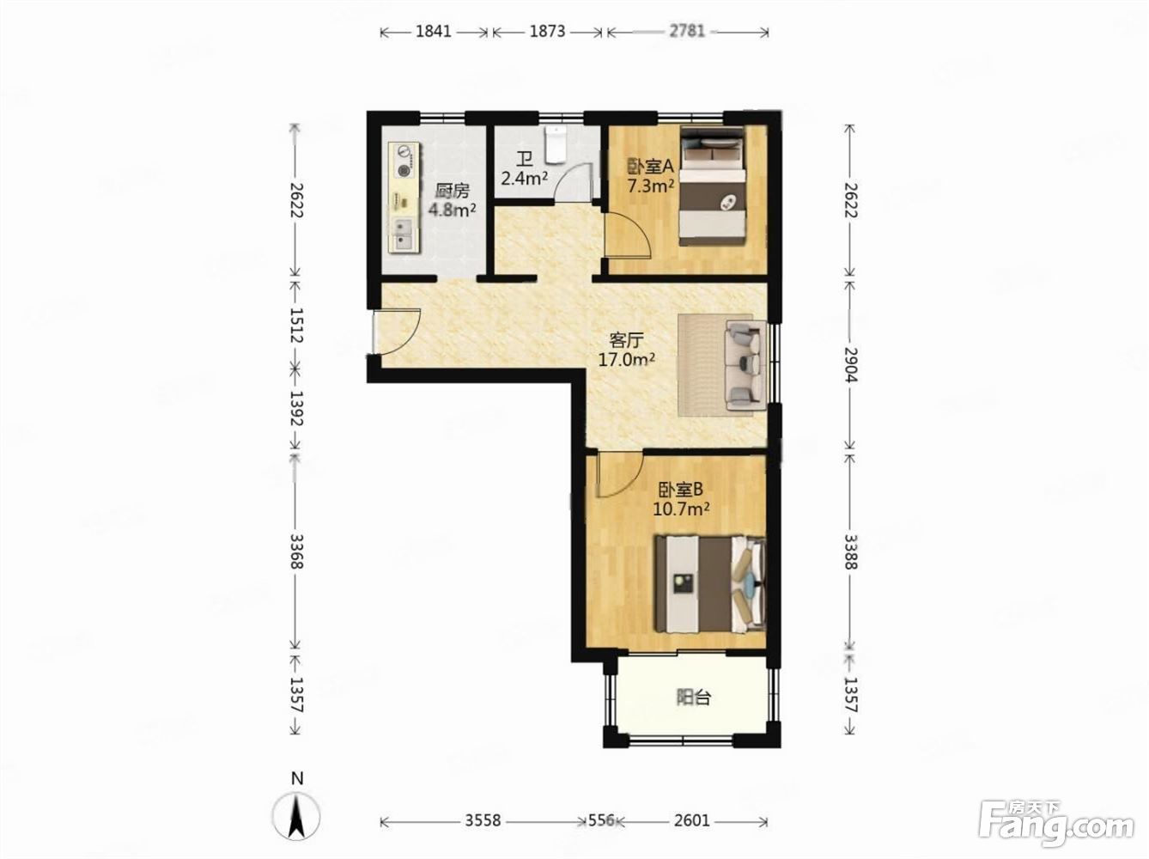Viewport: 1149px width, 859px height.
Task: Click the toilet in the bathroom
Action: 555,144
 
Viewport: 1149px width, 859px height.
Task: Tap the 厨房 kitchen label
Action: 453,191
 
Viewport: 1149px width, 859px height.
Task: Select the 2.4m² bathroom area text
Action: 525,179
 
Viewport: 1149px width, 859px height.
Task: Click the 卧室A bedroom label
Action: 650,167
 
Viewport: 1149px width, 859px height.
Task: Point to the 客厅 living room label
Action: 626,341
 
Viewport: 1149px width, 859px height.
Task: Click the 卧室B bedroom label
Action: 680,490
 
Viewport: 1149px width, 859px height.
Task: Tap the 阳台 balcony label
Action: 694,697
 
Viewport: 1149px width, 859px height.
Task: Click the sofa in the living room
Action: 745,365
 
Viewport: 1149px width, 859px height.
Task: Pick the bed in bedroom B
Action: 711,583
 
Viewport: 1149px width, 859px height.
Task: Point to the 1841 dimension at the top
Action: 434,32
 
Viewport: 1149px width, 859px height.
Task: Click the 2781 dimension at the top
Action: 687,32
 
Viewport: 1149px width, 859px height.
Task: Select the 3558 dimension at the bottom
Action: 483,820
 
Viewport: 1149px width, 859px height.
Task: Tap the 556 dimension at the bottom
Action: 601,820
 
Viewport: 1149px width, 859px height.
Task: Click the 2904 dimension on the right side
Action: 851,365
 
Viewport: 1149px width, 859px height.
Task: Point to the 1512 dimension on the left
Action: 296,325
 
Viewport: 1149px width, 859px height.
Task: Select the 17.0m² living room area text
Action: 626,360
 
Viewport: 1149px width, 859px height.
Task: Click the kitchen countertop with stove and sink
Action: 405,198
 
